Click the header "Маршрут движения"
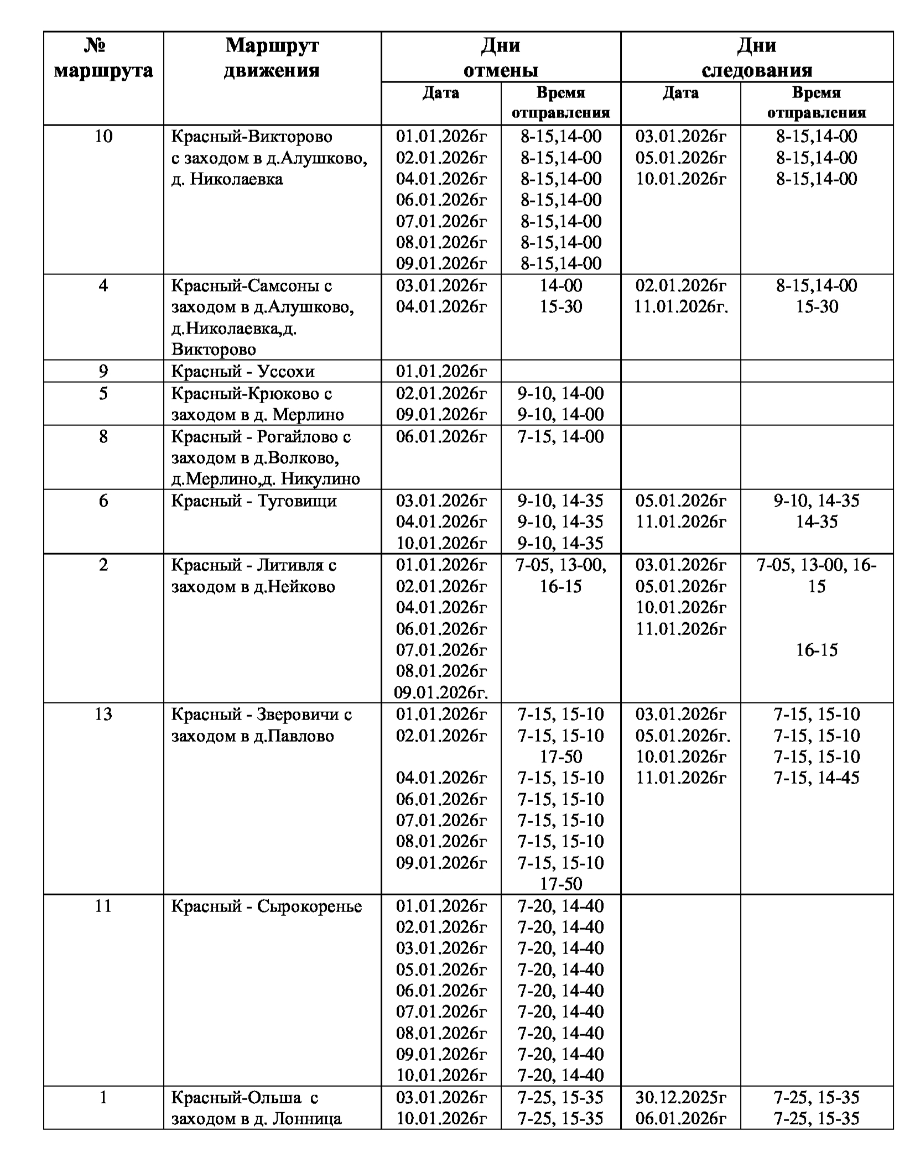(x=272, y=58)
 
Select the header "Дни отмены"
(x=500, y=58)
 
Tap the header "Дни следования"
(x=756, y=58)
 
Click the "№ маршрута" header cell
(x=103, y=58)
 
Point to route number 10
(x=103, y=137)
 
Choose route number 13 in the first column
(x=103, y=715)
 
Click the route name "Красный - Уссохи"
(x=243, y=371)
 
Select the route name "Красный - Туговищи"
(x=254, y=501)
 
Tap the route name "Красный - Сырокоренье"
(x=267, y=906)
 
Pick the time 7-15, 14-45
(x=817, y=778)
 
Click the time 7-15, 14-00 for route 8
(x=560, y=437)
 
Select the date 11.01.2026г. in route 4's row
(x=680, y=307)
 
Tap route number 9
(x=103, y=371)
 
